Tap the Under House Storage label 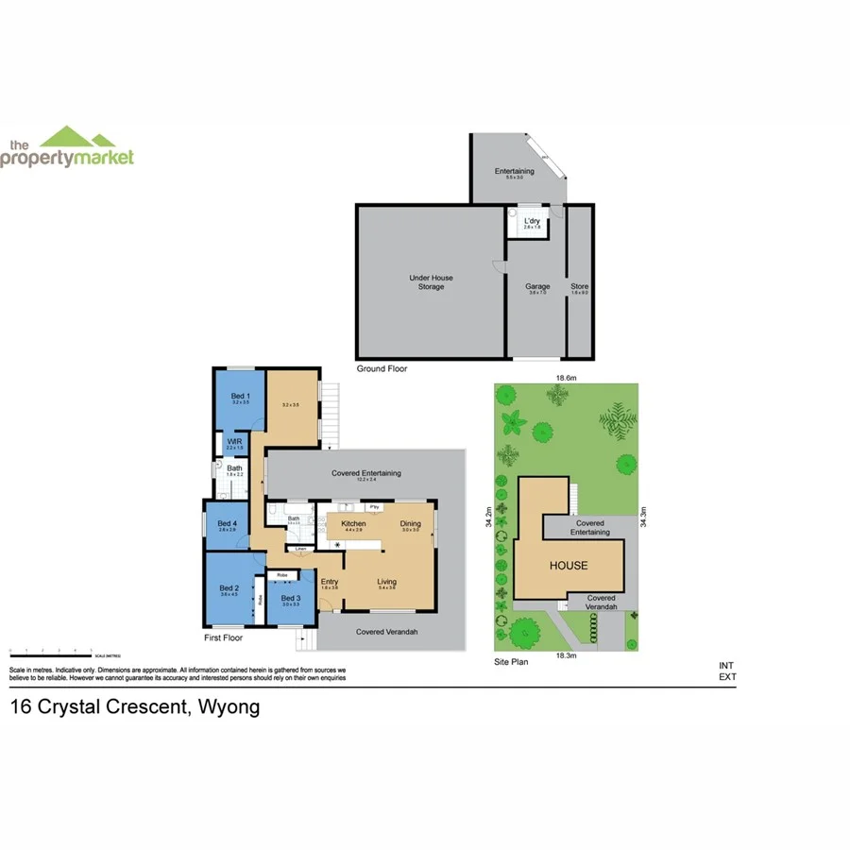click(x=431, y=281)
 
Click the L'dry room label click(x=532, y=220)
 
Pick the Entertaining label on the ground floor click(x=514, y=171)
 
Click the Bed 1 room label click(x=240, y=396)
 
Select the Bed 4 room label click(x=227, y=524)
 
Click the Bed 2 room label click(x=228, y=588)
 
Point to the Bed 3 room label click(x=290, y=599)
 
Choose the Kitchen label click(x=353, y=523)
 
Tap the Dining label click(x=410, y=523)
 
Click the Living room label click(x=387, y=582)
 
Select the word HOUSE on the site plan click(x=569, y=566)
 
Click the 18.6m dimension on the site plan click(x=565, y=378)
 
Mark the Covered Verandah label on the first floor click(x=386, y=632)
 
